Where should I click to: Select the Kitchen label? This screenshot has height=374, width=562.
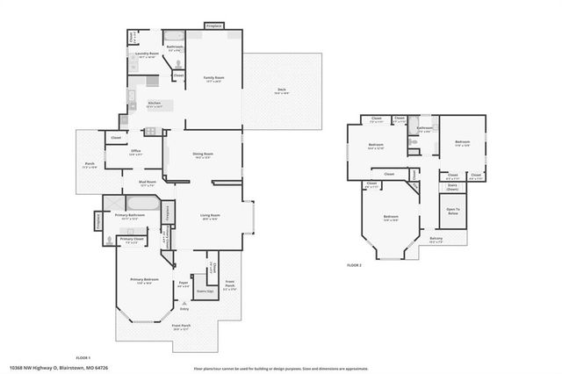(x=155, y=104)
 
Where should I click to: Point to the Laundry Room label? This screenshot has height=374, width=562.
(x=146, y=54)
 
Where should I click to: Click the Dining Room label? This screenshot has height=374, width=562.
(x=204, y=155)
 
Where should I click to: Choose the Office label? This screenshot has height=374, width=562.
(x=136, y=152)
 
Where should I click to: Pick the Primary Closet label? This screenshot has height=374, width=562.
(x=133, y=240)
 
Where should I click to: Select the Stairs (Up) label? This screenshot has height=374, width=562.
(x=204, y=291)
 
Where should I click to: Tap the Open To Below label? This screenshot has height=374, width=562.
(x=453, y=211)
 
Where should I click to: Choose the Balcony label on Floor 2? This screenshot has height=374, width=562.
(x=436, y=240)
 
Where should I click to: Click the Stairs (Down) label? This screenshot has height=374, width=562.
(x=453, y=186)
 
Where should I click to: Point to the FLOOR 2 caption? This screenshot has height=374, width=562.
(x=355, y=264)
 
